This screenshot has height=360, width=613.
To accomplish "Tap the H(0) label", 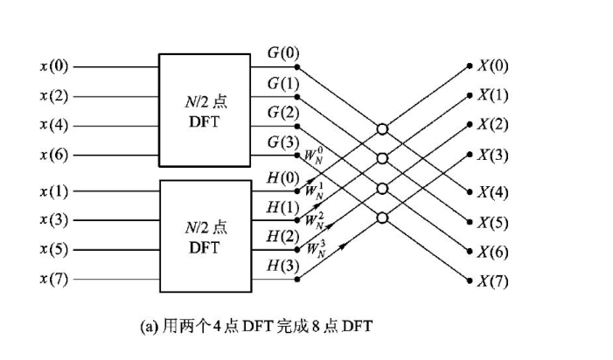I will pyautogui.click(x=281, y=178).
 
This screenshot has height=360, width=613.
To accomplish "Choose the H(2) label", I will pyautogui.click(x=281, y=236).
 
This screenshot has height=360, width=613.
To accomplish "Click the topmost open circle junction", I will pyautogui.click(x=381, y=129).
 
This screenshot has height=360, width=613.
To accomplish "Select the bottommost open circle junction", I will pyautogui.click(x=381, y=217).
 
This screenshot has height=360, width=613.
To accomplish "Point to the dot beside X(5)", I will pyautogui.click(x=469, y=222).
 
